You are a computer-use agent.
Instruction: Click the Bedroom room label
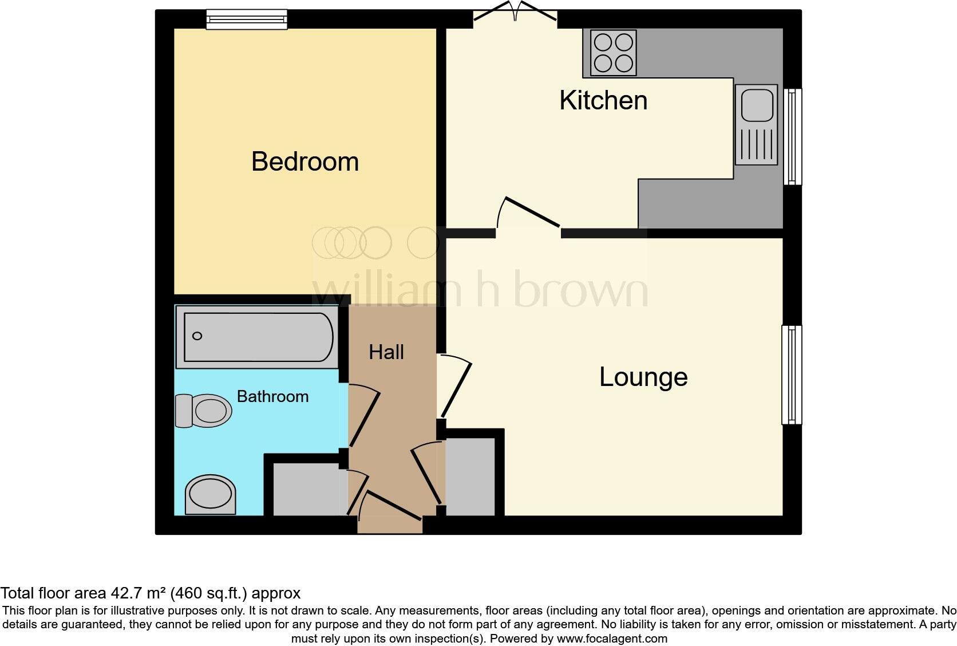click(x=305, y=161)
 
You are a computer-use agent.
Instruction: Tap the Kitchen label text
click(x=603, y=101)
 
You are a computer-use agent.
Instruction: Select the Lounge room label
click(x=643, y=377)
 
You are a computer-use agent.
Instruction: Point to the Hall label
click(x=386, y=352)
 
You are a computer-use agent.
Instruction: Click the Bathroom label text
click(x=272, y=396)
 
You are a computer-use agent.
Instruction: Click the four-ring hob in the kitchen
click(x=613, y=53)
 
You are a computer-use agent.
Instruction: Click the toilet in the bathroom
click(x=203, y=410)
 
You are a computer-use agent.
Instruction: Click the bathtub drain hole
click(x=197, y=336)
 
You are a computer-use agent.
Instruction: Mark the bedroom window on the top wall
click(x=247, y=20)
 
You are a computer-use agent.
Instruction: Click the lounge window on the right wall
click(x=792, y=375)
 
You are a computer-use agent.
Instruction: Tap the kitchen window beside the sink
click(x=792, y=136)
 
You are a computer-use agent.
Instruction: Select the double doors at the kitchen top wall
click(x=515, y=14)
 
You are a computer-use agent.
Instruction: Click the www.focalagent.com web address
click(x=612, y=638)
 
